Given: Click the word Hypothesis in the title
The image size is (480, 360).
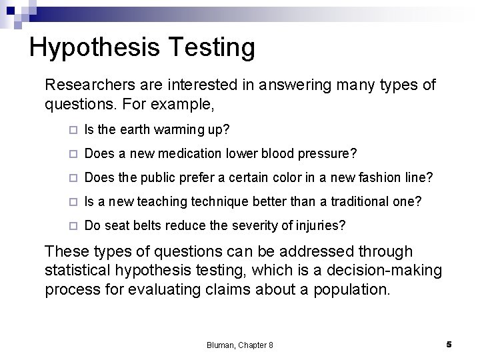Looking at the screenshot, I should tap(92, 47).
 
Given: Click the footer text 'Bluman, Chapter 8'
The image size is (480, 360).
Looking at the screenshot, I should tap(240, 345).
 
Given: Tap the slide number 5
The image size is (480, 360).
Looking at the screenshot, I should tap(449, 344).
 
